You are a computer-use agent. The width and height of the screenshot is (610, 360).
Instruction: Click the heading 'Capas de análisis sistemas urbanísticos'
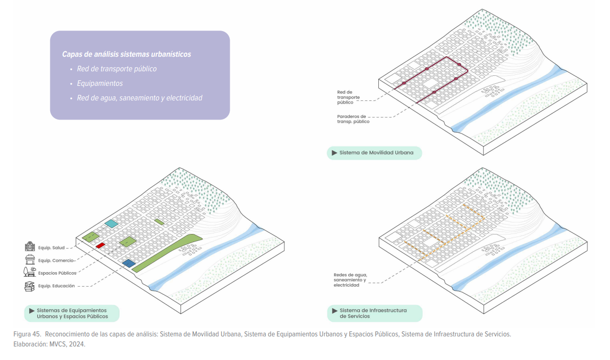(127, 54)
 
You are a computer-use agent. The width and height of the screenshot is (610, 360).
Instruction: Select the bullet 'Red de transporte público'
(117, 69)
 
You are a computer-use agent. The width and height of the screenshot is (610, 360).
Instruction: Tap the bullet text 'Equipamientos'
(100, 83)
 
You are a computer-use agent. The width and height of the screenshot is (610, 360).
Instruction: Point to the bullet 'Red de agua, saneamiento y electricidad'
(140, 98)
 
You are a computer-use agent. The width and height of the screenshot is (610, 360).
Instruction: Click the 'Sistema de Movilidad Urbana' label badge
(374, 153)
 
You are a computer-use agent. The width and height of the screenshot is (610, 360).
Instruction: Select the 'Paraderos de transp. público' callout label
(353, 119)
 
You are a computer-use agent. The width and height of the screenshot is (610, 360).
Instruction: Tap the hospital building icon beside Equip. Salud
(30, 247)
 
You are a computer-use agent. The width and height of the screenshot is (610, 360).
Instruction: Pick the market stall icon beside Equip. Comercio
(30, 260)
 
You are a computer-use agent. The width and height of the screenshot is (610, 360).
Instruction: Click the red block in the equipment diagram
(100, 245)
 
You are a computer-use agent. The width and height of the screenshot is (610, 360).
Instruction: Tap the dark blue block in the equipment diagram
(129, 263)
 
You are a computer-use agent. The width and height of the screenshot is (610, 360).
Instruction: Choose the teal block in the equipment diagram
(111, 223)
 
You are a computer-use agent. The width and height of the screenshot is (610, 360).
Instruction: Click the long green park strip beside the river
(166, 254)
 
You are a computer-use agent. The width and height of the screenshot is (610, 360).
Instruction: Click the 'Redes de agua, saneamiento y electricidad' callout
(351, 280)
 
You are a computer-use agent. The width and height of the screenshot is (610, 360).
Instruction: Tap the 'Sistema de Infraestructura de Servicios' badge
(374, 313)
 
